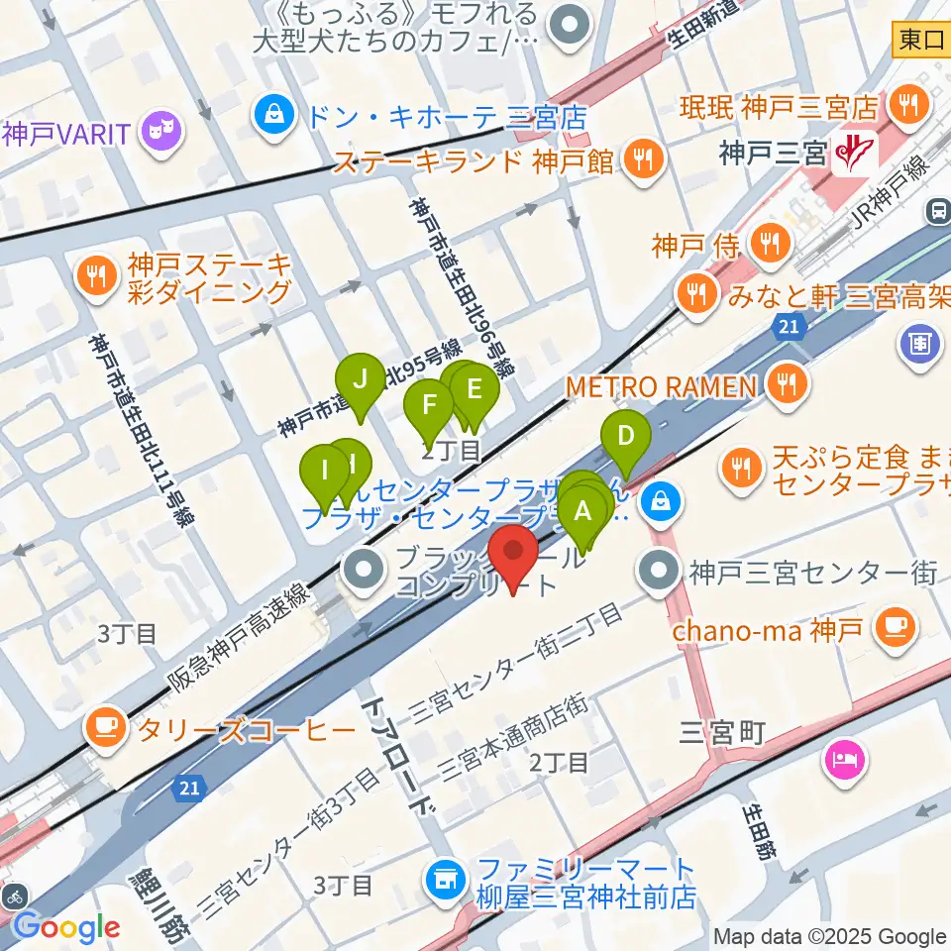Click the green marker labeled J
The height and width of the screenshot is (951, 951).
(x=360, y=379)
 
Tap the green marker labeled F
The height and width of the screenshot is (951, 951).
(x=429, y=405)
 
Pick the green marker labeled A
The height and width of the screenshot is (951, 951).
(x=583, y=512)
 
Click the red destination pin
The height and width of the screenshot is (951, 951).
(x=514, y=555)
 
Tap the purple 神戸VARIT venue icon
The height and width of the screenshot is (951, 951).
(x=158, y=129)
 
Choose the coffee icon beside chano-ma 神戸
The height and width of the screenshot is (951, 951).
(x=898, y=627)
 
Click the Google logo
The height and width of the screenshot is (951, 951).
(x=65, y=927)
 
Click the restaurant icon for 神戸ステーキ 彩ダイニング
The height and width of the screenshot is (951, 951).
(x=96, y=276)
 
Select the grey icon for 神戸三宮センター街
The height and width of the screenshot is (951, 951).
(x=657, y=571)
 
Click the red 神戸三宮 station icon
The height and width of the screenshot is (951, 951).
(x=850, y=152)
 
